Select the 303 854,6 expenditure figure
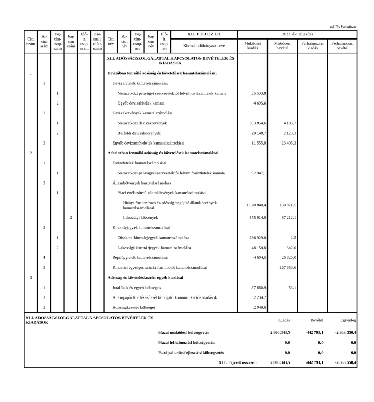coord(258,123)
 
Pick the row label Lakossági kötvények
coord(140,217)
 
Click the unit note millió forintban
coord(343,26)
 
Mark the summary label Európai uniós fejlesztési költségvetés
coord(191,352)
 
